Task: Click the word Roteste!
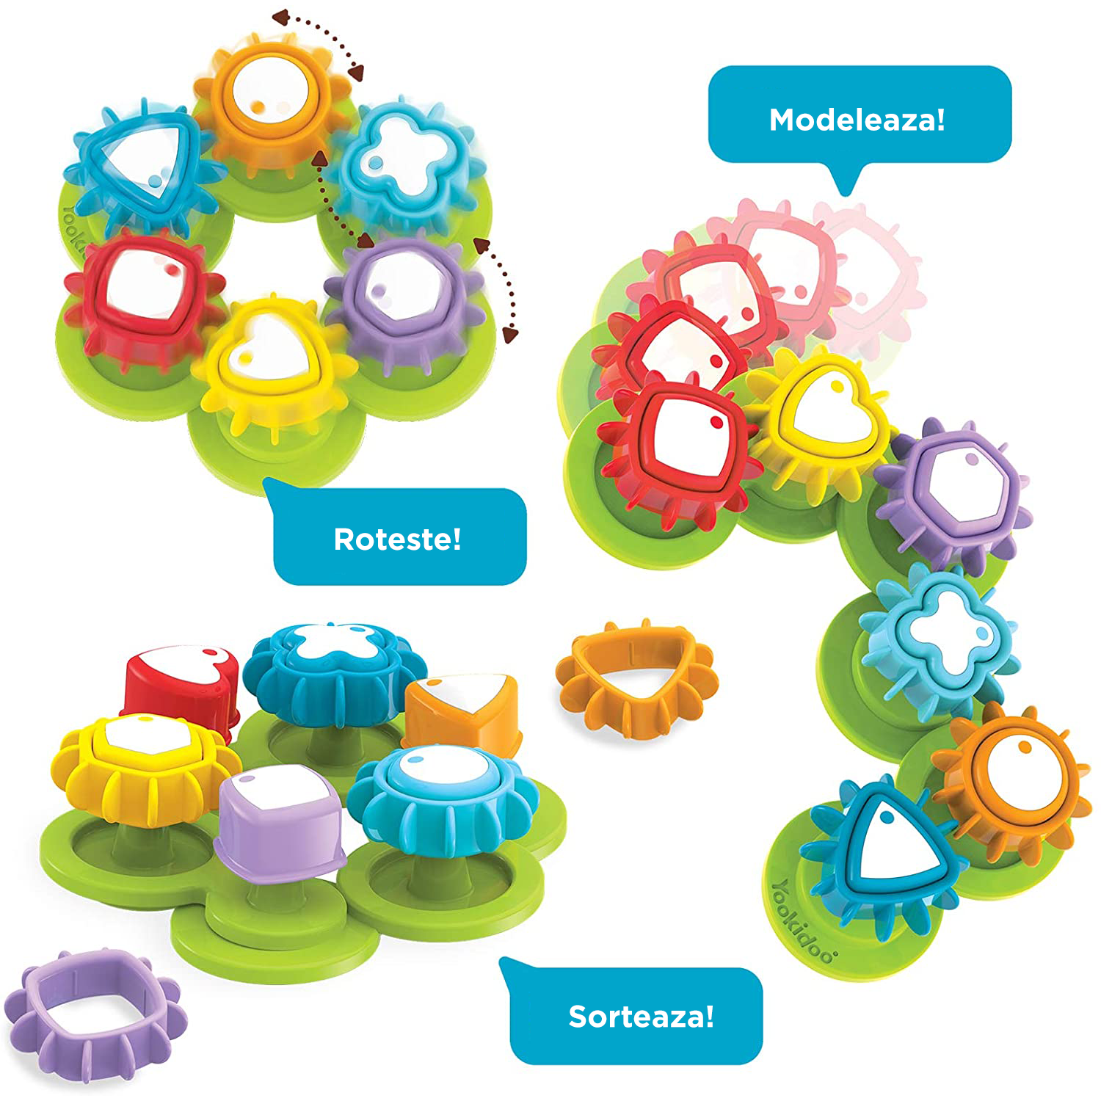[x=398, y=539]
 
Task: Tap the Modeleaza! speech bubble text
[x=857, y=120]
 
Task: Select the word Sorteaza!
[x=642, y=1017]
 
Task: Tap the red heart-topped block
[x=182, y=686]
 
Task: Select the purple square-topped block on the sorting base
[x=279, y=822]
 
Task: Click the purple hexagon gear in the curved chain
[x=954, y=490]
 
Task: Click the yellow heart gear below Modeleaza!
[x=818, y=422]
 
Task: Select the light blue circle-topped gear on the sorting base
[x=443, y=800]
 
